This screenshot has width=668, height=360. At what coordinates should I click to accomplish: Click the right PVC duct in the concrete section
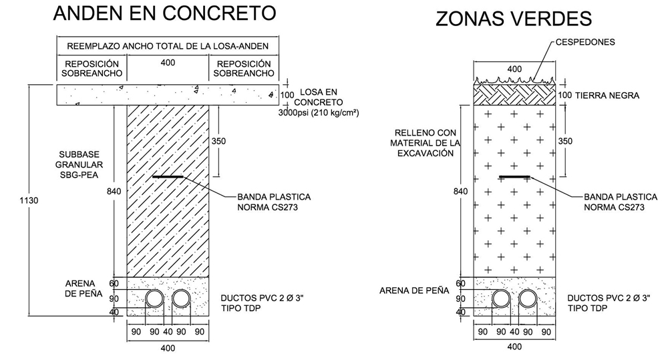point(181,299)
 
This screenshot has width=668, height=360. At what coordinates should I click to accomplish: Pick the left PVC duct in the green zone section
point(502,299)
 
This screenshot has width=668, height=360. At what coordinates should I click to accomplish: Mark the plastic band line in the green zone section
point(515,177)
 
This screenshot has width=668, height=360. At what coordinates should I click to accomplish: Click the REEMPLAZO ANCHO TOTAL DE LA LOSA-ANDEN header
point(168,46)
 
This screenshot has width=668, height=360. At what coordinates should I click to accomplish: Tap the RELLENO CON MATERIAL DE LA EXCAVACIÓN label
point(426,142)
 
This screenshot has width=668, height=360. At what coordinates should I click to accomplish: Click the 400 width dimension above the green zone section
point(514,69)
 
